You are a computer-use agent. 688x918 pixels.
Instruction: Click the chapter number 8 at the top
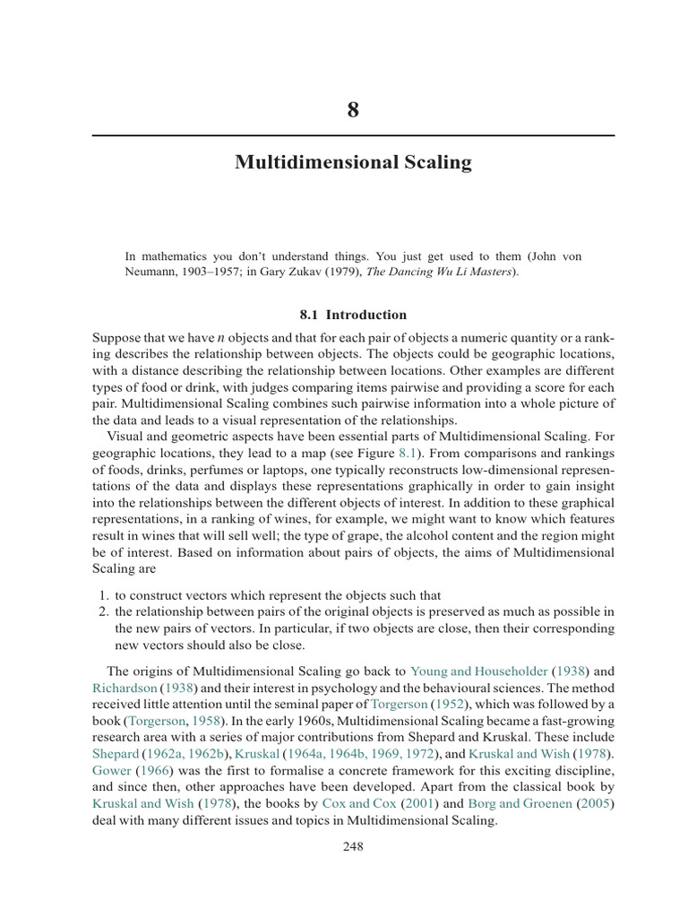coord(352,111)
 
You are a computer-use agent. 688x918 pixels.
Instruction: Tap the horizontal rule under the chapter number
coord(353,135)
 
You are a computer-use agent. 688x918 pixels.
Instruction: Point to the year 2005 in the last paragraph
coord(598,804)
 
